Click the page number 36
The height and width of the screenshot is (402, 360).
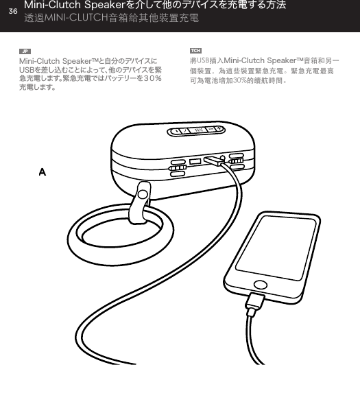click(x=12, y=10)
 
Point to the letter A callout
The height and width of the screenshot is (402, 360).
click(x=42, y=171)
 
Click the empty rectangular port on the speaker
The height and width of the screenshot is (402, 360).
click(x=195, y=162)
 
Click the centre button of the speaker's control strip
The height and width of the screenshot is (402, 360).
click(x=200, y=129)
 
